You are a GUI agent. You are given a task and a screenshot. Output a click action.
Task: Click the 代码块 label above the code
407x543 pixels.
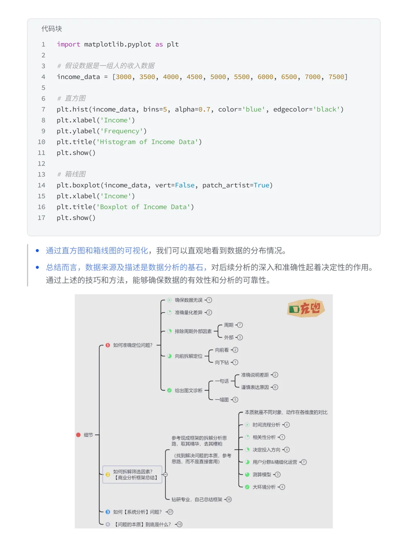coord(52,29)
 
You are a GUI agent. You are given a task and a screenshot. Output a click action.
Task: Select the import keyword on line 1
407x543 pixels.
coord(68,44)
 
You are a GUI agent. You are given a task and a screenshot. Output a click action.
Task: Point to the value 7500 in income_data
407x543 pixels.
coord(336,77)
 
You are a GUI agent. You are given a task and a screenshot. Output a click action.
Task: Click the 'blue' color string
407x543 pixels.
coord(254,109)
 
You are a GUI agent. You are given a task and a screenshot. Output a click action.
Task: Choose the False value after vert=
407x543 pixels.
coord(185,185)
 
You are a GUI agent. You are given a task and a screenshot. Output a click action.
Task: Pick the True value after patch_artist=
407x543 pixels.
coord(262,185)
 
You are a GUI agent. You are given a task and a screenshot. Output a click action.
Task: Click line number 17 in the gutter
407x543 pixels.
coord(41,218)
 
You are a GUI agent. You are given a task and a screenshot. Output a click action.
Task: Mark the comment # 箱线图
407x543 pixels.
coord(71,174)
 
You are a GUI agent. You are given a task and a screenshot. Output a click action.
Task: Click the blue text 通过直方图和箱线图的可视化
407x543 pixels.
coord(97,251)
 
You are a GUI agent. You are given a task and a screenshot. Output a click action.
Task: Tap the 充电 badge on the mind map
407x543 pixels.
coord(306,309)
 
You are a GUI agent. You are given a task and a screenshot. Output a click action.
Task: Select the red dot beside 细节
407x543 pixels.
coord(78,435)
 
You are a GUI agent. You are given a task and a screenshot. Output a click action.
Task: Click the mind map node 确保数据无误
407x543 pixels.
coord(188,300)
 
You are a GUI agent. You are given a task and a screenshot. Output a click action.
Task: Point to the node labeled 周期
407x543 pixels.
coord(229,325)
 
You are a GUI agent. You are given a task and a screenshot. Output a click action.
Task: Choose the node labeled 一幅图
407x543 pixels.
coord(222,400)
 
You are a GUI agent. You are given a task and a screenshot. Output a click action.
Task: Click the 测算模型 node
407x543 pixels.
coord(262,474)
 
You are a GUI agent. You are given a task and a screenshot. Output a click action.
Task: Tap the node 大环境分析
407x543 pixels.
coord(264,487)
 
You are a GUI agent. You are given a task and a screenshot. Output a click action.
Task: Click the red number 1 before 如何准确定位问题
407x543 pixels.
coord(108,345)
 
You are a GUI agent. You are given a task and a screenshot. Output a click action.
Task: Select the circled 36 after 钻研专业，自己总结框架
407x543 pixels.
coord(228,499)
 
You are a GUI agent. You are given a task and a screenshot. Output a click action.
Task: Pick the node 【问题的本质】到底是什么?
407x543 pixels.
coord(143,524)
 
